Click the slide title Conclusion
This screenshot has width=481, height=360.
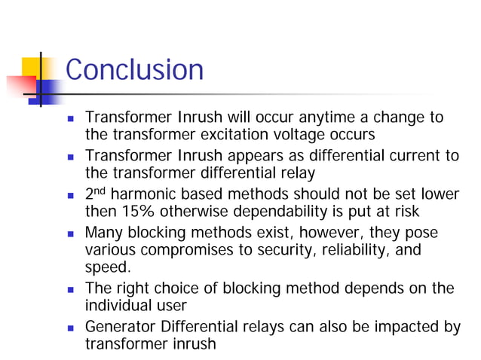point(134,70)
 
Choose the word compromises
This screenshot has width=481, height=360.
point(190,249)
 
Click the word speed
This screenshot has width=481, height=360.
point(106,267)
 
